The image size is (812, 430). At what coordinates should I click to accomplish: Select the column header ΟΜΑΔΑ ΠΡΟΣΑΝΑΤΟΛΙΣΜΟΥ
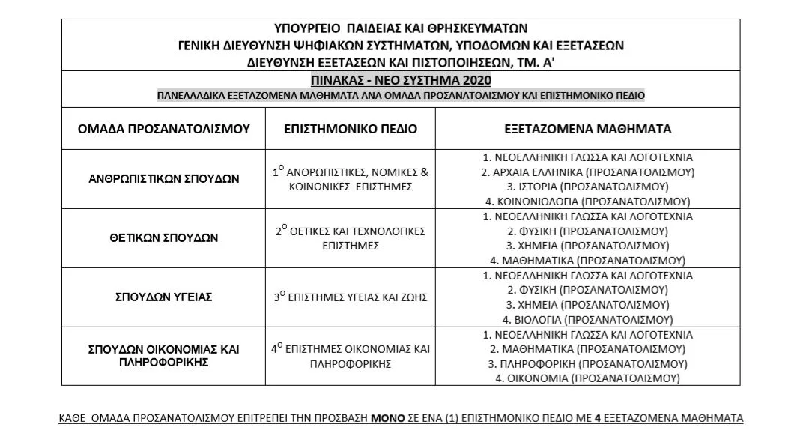[163, 129]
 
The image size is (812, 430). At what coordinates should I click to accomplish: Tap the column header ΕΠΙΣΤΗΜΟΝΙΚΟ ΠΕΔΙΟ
[351, 129]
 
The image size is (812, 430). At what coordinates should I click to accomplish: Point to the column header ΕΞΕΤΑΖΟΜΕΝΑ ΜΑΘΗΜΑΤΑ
[587, 129]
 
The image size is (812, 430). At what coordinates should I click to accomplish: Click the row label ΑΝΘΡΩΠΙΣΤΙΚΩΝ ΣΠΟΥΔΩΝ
[163, 179]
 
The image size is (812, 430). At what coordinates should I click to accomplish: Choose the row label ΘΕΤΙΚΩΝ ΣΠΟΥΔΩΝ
[163, 238]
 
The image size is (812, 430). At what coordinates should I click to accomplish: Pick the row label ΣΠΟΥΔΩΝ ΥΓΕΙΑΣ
[163, 297]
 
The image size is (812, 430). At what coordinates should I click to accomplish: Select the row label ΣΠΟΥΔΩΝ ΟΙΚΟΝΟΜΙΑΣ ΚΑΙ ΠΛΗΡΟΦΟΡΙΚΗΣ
[163, 356]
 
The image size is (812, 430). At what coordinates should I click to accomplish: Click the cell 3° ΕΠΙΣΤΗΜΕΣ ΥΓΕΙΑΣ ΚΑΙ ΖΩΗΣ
[351, 297]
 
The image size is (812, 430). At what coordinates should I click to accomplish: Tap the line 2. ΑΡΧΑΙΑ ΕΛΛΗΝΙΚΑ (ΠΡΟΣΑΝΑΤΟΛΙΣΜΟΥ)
[587, 172]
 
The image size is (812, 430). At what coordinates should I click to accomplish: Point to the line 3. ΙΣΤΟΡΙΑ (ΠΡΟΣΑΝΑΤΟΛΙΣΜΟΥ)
[587, 187]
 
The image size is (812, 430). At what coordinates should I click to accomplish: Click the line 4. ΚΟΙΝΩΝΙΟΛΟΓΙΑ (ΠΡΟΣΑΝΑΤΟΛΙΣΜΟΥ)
[587, 202]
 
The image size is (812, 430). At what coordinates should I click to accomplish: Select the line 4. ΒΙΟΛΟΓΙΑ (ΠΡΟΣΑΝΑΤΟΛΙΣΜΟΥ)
[587, 319]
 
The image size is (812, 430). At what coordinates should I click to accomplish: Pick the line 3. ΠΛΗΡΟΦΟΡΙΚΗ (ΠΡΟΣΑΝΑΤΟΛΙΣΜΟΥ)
[587, 363]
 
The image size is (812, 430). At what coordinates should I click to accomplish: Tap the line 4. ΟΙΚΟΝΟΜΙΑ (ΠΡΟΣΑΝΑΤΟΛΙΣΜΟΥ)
[587, 378]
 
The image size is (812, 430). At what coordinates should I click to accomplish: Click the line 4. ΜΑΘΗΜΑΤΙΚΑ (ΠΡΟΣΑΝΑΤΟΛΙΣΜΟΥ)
[587, 261]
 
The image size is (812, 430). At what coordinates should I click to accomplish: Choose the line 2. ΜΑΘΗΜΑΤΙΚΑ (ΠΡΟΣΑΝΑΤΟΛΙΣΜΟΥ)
[587, 349]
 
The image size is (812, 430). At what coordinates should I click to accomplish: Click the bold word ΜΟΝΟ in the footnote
[384, 417]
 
